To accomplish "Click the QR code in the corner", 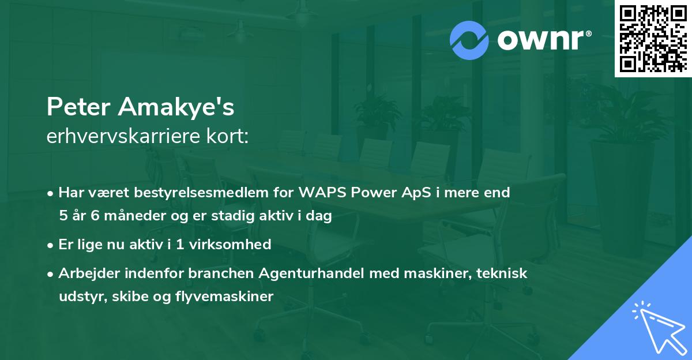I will tap(653, 38).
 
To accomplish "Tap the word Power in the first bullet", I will tap(374, 193).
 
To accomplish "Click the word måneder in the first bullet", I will tap(126, 216).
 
